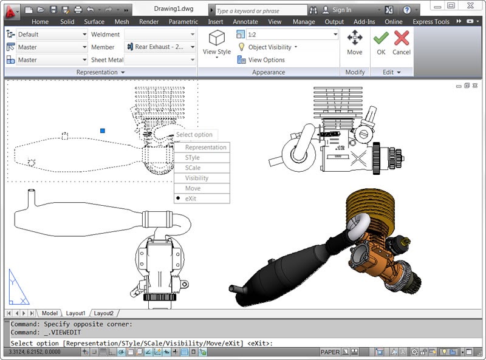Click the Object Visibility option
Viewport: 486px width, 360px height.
(269, 47)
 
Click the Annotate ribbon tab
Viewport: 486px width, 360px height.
(245, 22)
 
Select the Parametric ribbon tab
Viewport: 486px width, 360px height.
(183, 22)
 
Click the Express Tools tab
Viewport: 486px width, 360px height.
(431, 22)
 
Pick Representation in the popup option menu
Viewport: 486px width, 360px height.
(205, 148)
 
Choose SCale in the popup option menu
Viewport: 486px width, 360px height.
(193, 168)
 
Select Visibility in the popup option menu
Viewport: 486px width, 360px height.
(197, 178)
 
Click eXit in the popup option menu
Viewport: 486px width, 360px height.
(191, 199)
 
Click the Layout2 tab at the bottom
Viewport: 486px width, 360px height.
(103, 313)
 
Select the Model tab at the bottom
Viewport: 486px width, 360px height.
(49, 313)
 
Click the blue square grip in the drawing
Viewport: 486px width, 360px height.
(103, 131)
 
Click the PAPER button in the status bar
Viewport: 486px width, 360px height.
(330, 352)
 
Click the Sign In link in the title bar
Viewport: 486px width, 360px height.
(341, 10)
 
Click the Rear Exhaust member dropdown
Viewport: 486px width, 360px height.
(161, 47)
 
